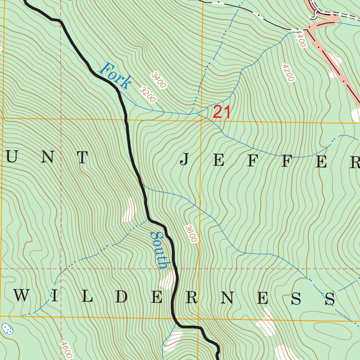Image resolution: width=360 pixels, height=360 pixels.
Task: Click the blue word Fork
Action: (x=116, y=75)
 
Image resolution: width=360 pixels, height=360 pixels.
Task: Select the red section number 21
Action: (x=222, y=112)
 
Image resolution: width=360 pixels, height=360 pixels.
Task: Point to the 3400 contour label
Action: (x=158, y=80)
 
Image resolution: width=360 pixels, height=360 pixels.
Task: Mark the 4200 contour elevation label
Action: (x=288, y=72)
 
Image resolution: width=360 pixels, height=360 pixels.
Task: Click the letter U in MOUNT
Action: (x=12, y=158)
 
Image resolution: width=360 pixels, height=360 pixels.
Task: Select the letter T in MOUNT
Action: (x=82, y=158)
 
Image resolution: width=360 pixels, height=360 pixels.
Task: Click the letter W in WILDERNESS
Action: (x=21, y=296)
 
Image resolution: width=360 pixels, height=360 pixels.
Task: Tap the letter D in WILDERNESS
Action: (x=121, y=297)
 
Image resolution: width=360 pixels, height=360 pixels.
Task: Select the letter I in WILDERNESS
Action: (x=54, y=297)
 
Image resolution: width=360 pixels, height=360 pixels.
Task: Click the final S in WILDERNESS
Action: (x=330, y=299)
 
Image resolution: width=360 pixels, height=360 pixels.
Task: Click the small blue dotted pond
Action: (x=7, y=329)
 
